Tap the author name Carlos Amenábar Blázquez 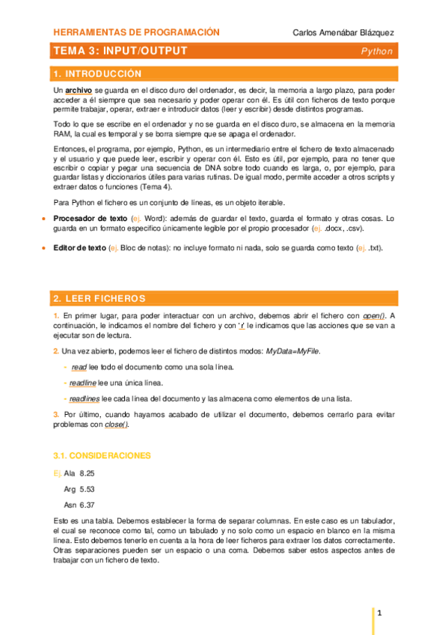tap(343, 33)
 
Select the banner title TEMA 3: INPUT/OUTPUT tap(120, 51)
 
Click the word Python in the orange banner tap(376, 52)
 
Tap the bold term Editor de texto tap(79, 248)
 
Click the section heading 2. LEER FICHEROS tap(99, 298)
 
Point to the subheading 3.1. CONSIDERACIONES tap(102, 455)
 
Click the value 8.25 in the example tap(87, 473)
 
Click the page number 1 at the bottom tap(380, 613)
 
